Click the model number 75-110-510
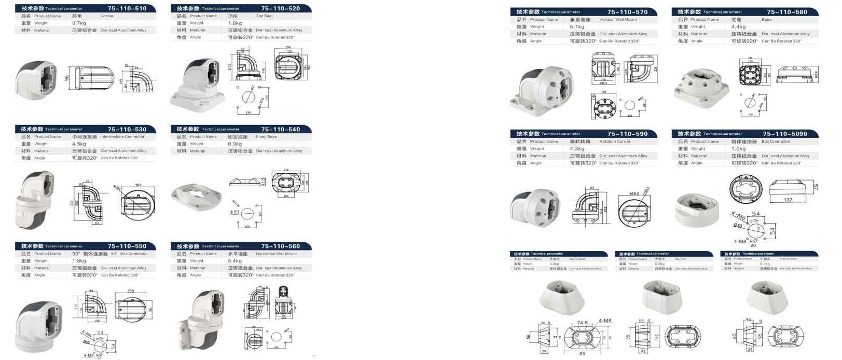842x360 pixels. [127, 8]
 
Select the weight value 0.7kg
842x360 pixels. [79, 23]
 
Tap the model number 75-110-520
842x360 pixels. [280, 8]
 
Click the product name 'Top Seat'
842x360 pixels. [264, 16]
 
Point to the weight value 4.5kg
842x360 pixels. [79, 144]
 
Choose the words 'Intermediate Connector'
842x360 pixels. [122, 137]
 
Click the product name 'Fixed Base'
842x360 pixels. [266, 137]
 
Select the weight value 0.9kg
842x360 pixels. [235, 144]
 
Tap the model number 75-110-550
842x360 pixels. [127, 246]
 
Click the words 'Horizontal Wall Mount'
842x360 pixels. [277, 254]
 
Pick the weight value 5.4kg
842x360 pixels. [235, 261]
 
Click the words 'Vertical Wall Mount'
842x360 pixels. [618, 20]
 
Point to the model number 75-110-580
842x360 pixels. [786, 12]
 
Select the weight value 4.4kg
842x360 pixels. [738, 27]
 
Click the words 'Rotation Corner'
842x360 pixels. [615, 142]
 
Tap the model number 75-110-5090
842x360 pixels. [784, 134]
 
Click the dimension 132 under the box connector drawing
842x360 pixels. [788, 200]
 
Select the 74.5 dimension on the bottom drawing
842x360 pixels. [582, 323]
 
